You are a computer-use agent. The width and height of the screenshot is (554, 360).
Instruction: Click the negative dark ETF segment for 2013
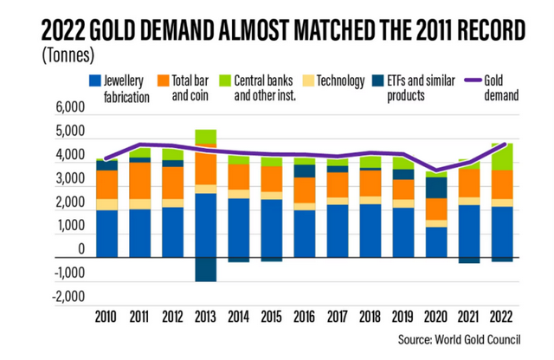[206, 269]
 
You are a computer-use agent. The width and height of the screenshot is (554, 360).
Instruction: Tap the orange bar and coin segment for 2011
[140, 180]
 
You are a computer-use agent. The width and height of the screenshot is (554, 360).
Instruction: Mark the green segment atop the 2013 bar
[206, 137]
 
